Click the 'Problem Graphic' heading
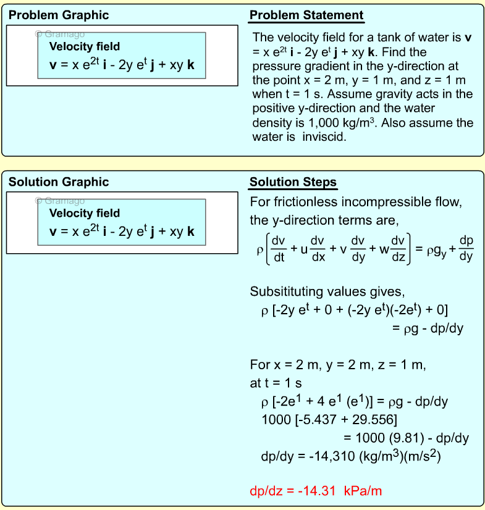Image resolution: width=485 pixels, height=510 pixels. click(x=58, y=15)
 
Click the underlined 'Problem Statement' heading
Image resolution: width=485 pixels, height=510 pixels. click(x=306, y=15)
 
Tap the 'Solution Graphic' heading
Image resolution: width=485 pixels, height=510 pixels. click(x=58, y=182)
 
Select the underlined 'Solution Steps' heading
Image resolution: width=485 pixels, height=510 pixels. click(x=293, y=182)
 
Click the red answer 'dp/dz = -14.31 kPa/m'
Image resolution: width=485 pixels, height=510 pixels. click(x=316, y=491)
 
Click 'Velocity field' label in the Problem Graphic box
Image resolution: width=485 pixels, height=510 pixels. click(x=85, y=46)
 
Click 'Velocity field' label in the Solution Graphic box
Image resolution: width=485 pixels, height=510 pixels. click(x=85, y=213)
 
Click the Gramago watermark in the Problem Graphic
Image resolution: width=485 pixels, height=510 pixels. click(x=59, y=34)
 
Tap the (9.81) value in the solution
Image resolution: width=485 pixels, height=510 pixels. click(x=400, y=438)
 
